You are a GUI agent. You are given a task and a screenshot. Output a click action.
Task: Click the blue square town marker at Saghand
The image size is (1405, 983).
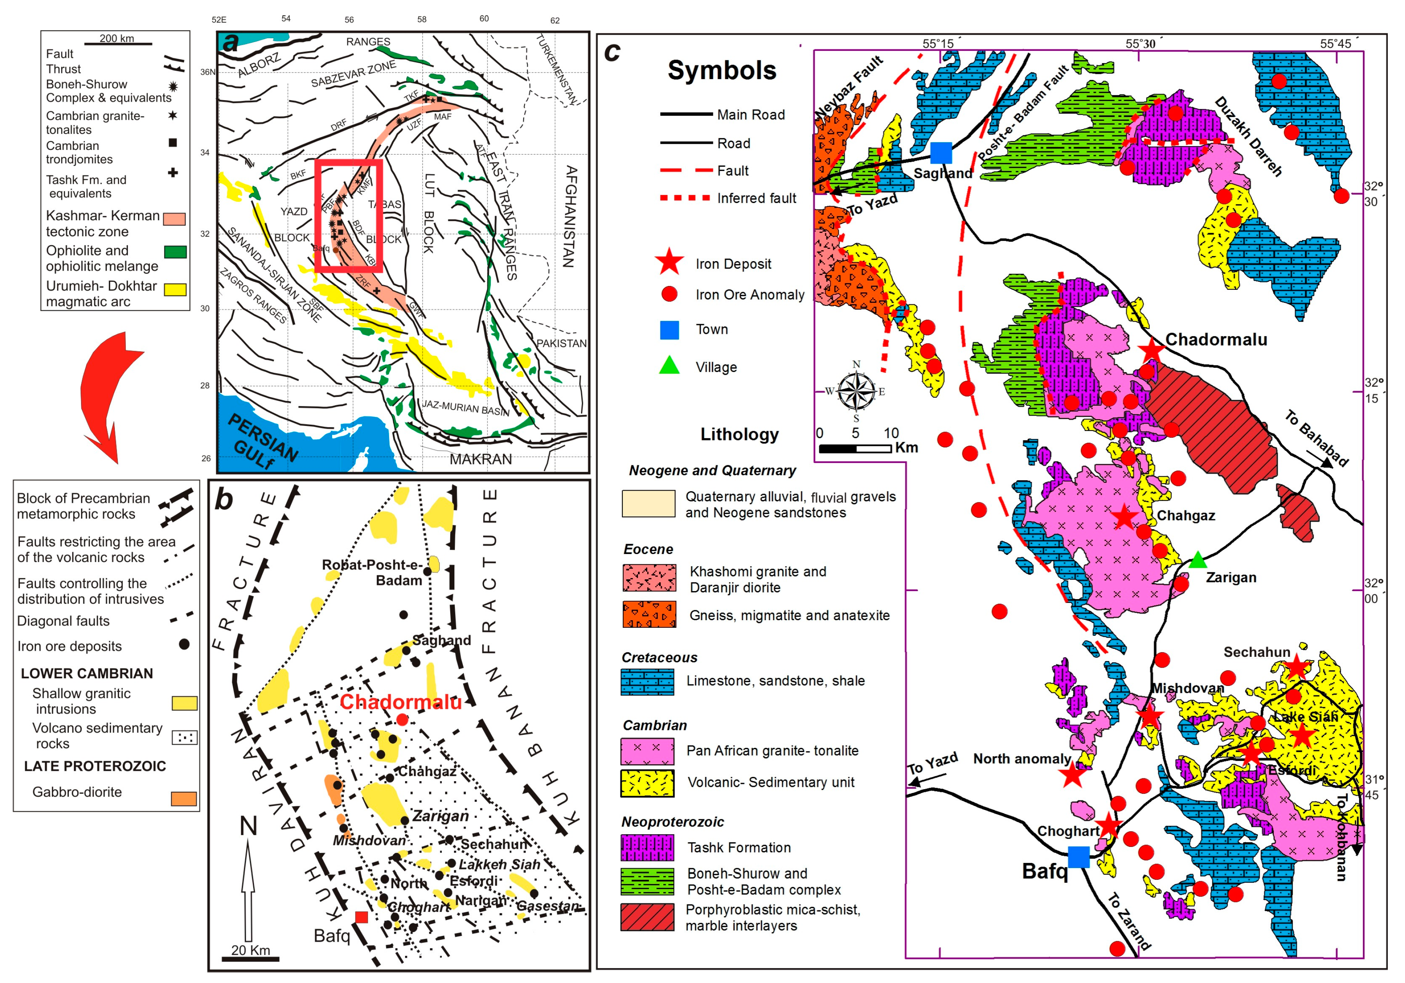click(941, 152)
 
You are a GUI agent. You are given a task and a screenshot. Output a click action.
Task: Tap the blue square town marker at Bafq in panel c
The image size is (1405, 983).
click(1078, 856)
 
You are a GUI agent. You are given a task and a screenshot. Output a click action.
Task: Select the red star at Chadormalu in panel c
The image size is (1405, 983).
click(1152, 349)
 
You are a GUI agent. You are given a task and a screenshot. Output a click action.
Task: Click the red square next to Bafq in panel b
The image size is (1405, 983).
click(361, 916)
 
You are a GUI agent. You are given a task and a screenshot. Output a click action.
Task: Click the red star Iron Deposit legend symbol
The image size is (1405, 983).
click(669, 262)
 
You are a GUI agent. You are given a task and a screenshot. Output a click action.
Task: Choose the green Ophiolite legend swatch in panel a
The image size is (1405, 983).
click(175, 252)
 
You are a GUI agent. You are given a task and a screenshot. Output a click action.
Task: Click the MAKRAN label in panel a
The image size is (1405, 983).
click(480, 459)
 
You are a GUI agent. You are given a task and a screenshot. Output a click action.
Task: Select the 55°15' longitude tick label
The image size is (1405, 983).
click(938, 44)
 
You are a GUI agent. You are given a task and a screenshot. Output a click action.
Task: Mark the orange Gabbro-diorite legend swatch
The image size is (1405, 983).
click(184, 798)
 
